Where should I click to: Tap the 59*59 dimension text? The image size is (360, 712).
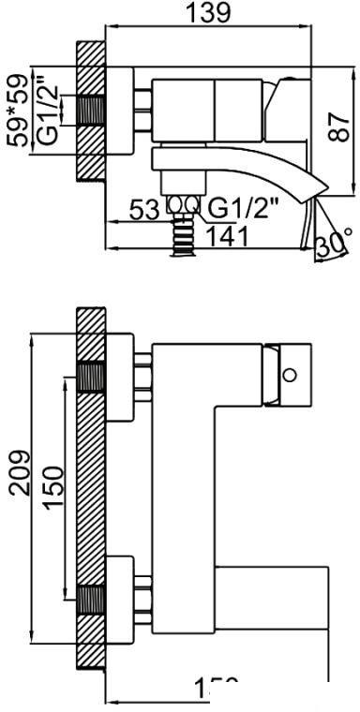click(x=16, y=111)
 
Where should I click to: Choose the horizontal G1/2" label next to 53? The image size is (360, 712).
click(x=237, y=206)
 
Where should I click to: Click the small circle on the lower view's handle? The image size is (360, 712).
click(x=291, y=376)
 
